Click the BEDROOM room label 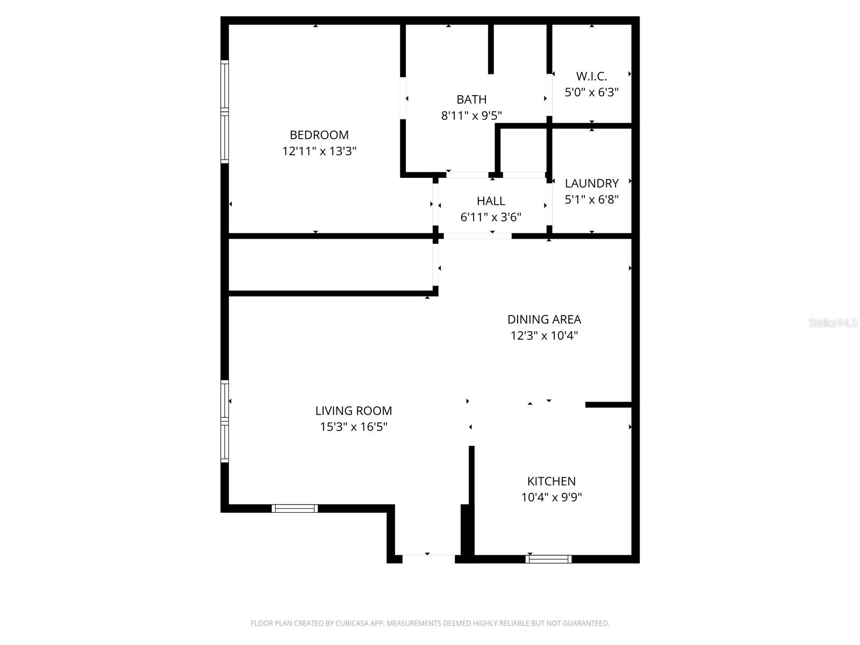tap(319, 135)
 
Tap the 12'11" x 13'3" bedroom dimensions tap(319, 151)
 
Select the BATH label tap(471, 99)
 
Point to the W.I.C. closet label tap(591, 76)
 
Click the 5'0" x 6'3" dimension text tap(591, 92)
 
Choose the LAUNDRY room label tap(591, 183)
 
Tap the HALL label tap(491, 201)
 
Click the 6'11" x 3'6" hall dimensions tap(491, 217)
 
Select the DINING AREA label tap(544, 319)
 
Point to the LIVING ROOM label tap(353, 411)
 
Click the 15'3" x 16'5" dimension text tap(353, 427)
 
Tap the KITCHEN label tap(551, 481)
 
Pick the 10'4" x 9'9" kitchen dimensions tap(551, 497)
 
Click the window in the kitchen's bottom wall tap(548, 559)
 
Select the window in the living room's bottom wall tap(295, 508)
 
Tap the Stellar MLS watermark tap(833, 323)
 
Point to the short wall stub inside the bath tap(491, 49)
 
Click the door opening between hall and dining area tap(477, 236)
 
